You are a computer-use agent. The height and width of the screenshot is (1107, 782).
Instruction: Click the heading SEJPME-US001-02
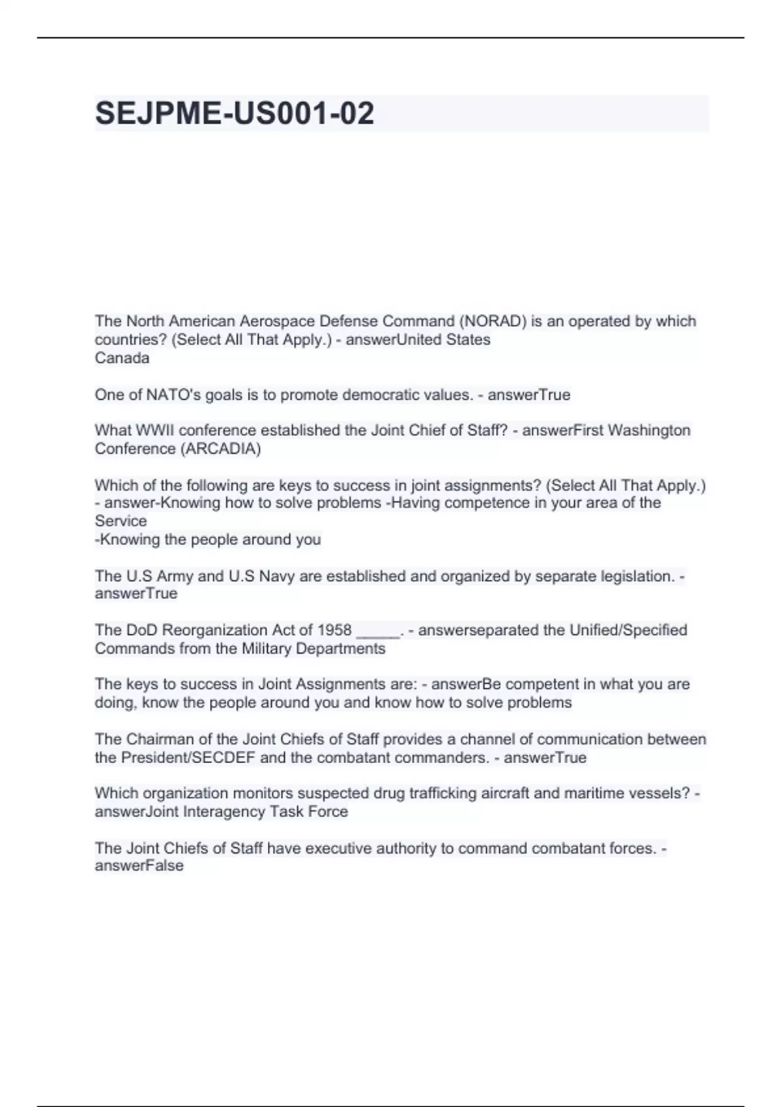235,113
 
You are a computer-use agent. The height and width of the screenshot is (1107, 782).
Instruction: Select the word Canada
122,357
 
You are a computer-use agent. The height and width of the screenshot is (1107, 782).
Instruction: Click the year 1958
334,630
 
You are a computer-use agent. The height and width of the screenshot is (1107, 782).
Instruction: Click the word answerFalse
139,865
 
